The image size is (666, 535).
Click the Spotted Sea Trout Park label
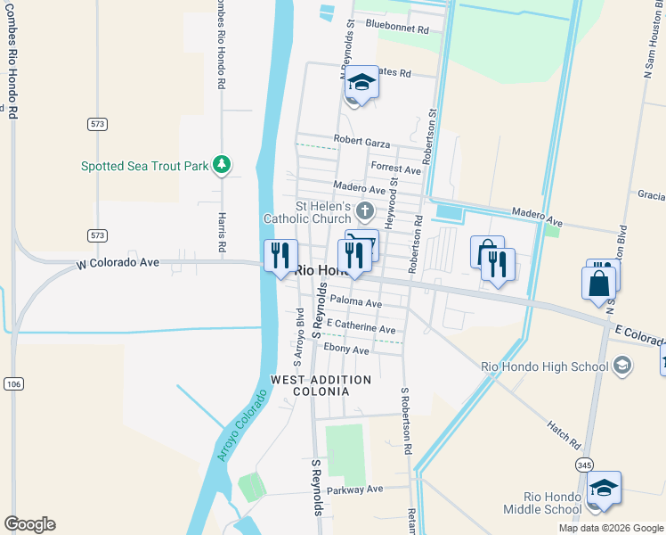pos(144,166)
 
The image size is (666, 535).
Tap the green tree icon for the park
pos(222,165)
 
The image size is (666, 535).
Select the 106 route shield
pos(13,383)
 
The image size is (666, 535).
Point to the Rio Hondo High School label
pos(544,366)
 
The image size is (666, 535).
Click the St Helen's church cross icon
pos(364,210)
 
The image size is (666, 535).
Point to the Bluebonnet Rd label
pos(397,29)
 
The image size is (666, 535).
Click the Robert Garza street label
pos(363,139)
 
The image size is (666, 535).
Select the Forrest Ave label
pos(395,169)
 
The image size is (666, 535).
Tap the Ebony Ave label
pos(346,350)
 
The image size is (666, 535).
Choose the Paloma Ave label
pos(355,303)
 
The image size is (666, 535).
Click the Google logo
pos(29,524)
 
